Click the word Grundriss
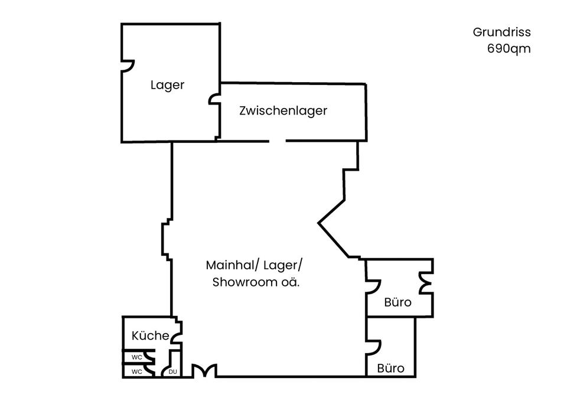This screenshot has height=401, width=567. point(501,32)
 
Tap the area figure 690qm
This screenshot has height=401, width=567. point(509,48)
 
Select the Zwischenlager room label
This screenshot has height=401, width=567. point(283,110)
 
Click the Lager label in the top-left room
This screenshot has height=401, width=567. point(167,85)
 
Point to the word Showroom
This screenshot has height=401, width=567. point(245,282)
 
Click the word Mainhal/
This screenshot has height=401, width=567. point(233,265)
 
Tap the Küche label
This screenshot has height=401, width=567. point(150,335)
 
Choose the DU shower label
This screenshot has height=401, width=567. point(173,371)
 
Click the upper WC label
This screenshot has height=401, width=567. point(136,357)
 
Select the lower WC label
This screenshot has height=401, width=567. point(136,371)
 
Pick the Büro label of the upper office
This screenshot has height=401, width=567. point(397,302)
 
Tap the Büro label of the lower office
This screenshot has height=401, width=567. point(390,368)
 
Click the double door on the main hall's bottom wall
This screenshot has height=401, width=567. point(204,371)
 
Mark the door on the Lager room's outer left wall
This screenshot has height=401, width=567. point(128,66)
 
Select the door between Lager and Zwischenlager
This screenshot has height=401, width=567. point(214,99)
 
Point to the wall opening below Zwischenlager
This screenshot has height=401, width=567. point(278,141)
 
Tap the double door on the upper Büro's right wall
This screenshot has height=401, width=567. point(426,282)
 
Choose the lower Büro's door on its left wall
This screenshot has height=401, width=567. point(373,347)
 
